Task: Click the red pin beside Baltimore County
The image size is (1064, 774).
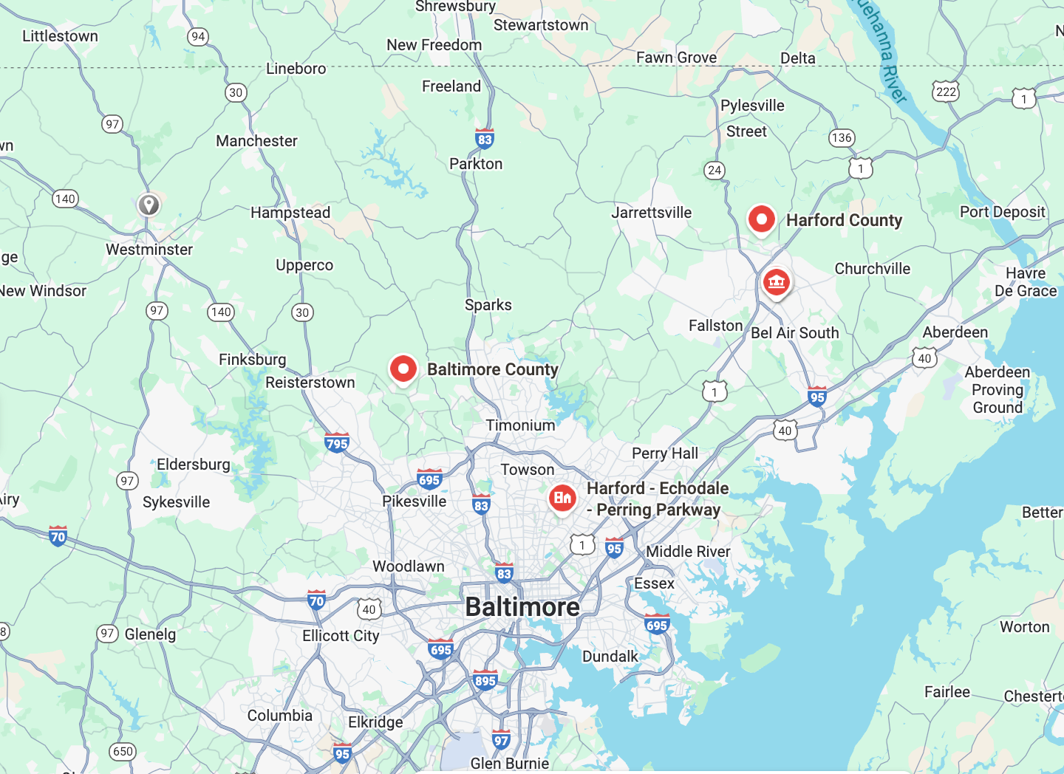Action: [x=403, y=368]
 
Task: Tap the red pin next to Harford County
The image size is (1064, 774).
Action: [x=761, y=219]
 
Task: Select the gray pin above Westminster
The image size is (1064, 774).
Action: [x=149, y=204]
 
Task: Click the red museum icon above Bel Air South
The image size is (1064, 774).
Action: [x=776, y=282]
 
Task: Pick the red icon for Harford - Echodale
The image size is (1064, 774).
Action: [x=562, y=498]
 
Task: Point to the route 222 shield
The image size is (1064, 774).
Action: [x=946, y=92]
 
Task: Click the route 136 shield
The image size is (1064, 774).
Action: [x=842, y=137]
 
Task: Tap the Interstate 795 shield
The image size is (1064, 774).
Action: [x=337, y=443]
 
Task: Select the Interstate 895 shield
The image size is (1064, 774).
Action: [x=485, y=680]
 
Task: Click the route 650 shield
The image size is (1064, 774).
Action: [x=123, y=751]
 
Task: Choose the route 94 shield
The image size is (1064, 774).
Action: [x=198, y=36]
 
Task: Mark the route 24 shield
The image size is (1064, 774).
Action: [x=715, y=170]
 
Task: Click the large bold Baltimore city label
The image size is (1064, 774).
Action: [x=522, y=607]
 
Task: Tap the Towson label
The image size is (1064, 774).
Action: [x=528, y=470]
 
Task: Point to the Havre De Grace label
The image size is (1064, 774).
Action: [x=1026, y=282]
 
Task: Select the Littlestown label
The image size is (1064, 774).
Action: [x=60, y=36]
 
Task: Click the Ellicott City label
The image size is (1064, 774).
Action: [x=341, y=636]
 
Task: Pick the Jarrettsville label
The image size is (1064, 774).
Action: [x=651, y=213]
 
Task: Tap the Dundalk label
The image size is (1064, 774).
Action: [x=610, y=657]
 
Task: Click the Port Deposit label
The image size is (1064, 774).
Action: [x=1003, y=212]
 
